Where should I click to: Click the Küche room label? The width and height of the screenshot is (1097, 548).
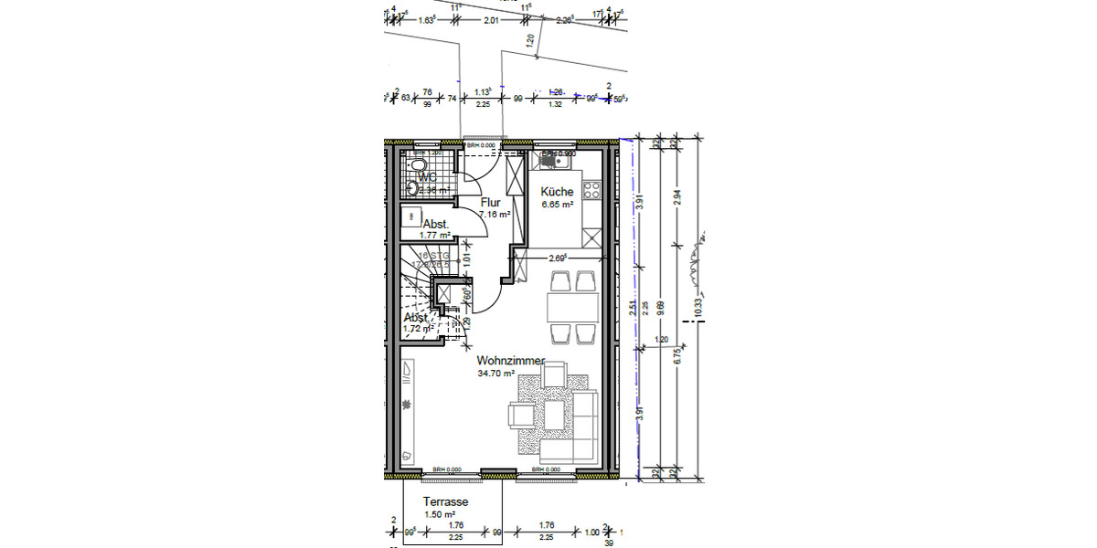[557, 192]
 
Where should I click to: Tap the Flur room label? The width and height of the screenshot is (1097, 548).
[490, 203]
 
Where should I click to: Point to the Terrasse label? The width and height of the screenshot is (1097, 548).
[445, 502]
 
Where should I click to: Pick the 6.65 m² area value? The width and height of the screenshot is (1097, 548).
[557, 205]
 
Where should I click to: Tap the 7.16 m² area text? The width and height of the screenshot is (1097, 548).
[494, 215]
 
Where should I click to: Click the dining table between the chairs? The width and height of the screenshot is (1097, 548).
[571, 306]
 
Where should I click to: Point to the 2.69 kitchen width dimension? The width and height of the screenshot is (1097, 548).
[559, 259]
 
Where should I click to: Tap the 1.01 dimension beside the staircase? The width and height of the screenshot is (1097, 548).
[466, 259]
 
